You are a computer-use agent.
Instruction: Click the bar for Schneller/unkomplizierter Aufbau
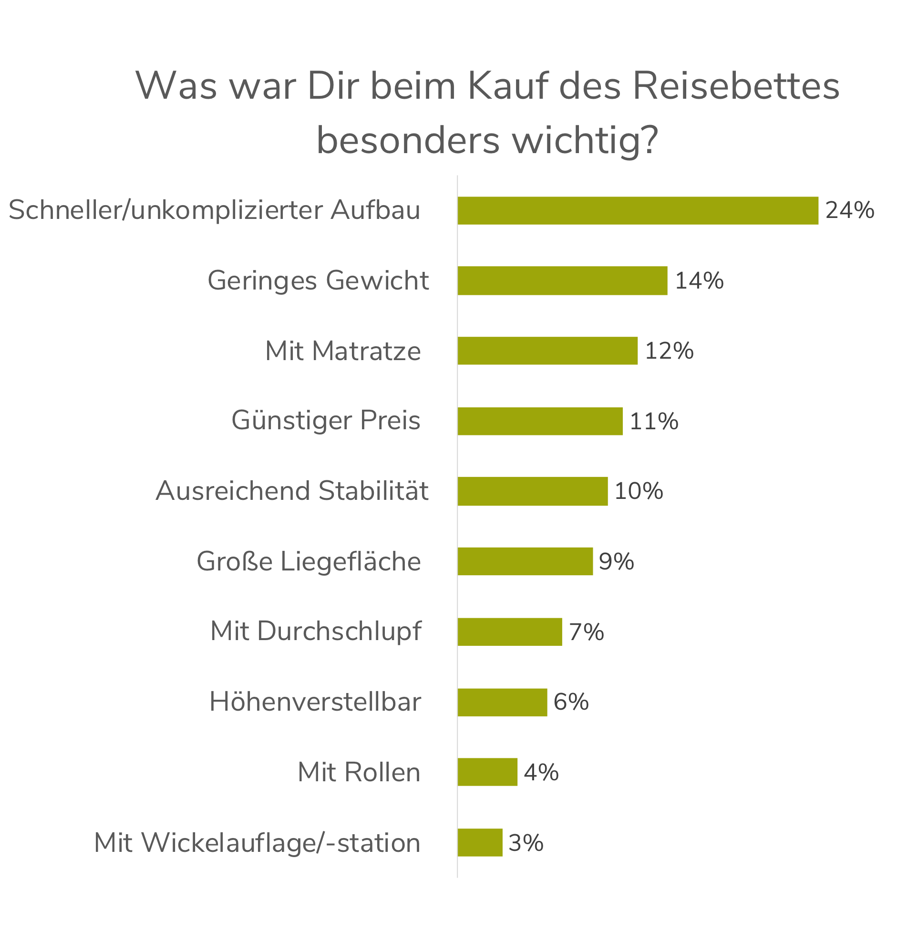click(638, 210)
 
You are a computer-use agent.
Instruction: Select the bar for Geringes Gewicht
click(562, 280)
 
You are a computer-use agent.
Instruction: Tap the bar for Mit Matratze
click(547, 351)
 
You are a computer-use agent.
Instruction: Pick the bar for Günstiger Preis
click(540, 421)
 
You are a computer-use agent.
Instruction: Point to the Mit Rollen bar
click(487, 772)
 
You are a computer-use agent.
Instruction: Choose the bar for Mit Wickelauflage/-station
click(480, 842)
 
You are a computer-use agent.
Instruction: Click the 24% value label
click(850, 210)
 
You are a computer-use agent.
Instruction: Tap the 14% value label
click(699, 280)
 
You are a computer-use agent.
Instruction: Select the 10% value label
click(639, 491)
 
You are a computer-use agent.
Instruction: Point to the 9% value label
click(616, 561)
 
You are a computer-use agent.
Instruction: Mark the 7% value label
click(586, 632)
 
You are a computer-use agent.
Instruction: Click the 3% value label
click(526, 843)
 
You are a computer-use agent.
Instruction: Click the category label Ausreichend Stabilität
click(292, 491)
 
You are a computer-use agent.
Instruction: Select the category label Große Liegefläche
click(309, 561)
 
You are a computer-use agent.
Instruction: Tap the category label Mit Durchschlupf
click(316, 632)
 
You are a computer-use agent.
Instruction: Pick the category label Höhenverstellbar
click(316, 702)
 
